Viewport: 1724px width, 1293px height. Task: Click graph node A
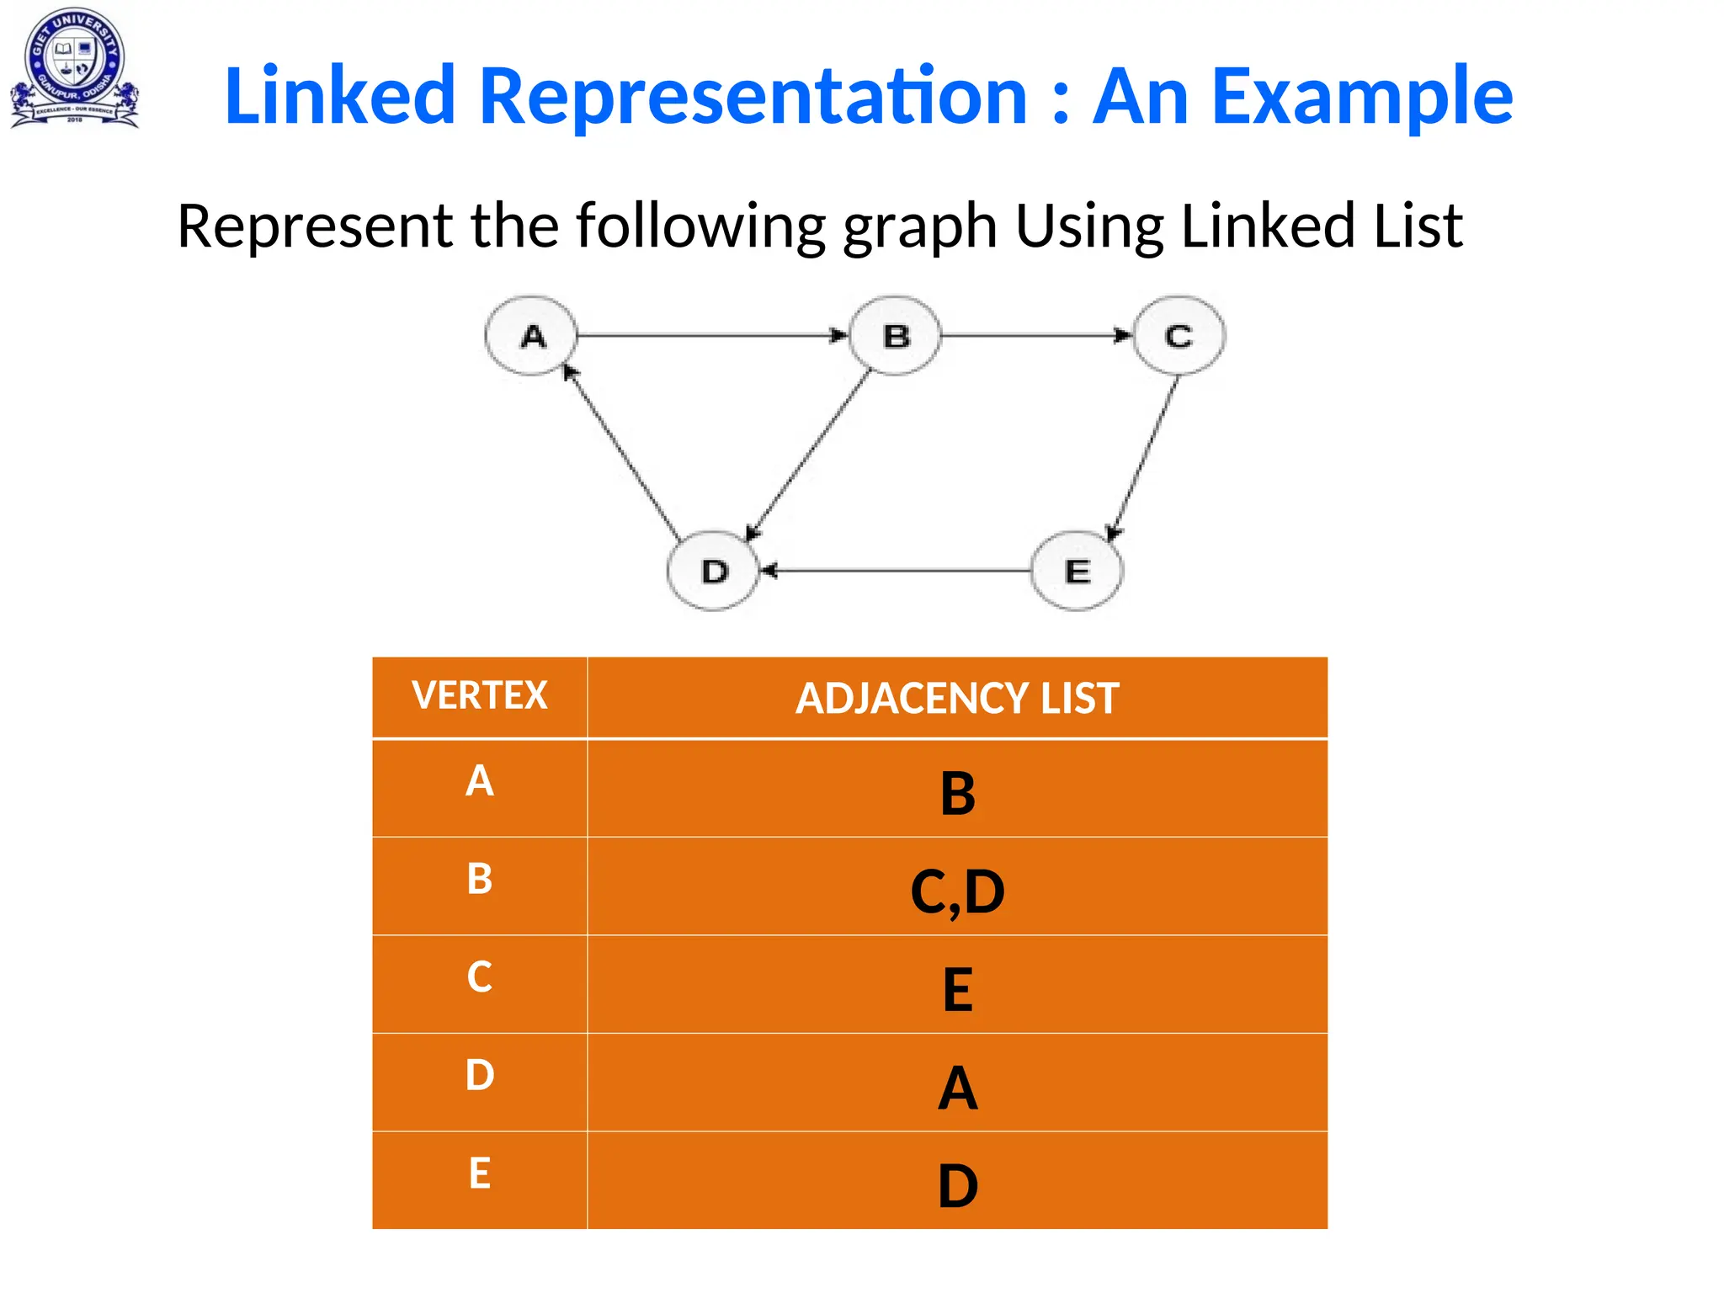tap(531, 336)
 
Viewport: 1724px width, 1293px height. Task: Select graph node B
tap(895, 336)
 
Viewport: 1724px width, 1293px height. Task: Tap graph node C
tap(1179, 336)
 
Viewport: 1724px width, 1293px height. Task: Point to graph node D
tap(714, 571)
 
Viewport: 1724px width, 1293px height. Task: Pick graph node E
tap(1077, 571)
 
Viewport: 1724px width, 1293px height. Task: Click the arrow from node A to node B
tap(711, 336)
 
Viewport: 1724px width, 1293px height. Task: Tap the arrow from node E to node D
tap(897, 571)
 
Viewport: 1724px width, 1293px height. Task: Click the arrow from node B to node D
tap(808, 455)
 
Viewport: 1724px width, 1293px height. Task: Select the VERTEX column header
tap(480, 697)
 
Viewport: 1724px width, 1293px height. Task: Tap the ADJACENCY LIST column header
tap(957, 698)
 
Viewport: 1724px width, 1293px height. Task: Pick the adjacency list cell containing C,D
tap(957, 887)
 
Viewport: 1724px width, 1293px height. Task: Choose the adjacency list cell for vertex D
tap(957, 1083)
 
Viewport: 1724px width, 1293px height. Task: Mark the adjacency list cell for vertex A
tap(957, 789)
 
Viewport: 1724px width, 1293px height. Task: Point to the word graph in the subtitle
tap(920, 227)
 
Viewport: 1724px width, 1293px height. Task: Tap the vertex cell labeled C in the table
tap(480, 983)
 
